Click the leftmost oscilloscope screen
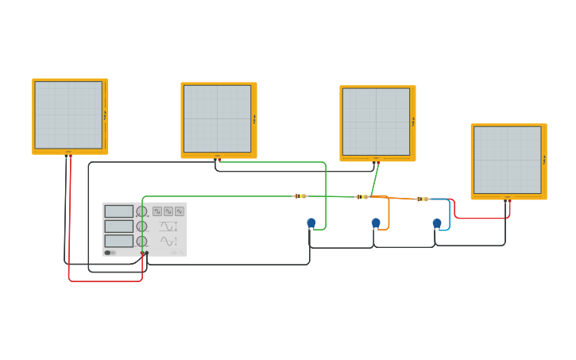[68, 114]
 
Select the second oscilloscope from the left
[217, 118]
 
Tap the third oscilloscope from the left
[376, 122]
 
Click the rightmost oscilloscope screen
[507, 160]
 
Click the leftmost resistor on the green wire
[300, 196]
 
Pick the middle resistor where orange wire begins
[362, 196]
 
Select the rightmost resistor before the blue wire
[423, 199]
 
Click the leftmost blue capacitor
[311, 223]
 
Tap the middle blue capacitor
[376, 223]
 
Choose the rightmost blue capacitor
[437, 223]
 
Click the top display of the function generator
[118, 211]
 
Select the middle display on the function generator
[118, 226]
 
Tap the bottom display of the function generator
[118, 241]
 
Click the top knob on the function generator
[141, 211]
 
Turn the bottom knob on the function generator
[141, 241]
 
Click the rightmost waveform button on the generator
[180, 211]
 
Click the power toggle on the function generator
[108, 253]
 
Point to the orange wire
[389, 213]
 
